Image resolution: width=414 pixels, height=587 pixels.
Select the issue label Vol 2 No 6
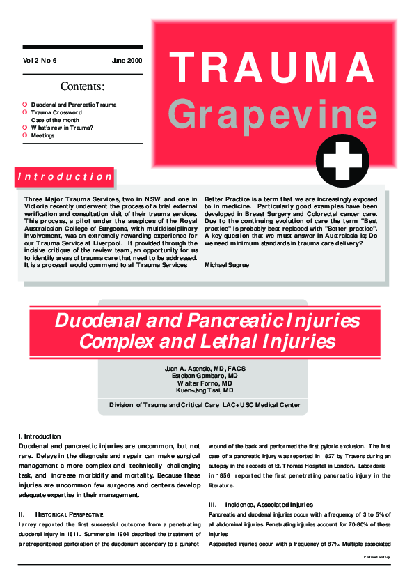[40, 61]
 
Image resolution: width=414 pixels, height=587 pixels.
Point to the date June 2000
[127, 61]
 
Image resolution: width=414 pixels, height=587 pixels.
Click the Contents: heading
[83, 87]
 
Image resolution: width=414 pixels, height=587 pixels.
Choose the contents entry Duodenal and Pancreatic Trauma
[74, 105]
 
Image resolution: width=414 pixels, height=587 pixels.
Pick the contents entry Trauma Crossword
[56, 112]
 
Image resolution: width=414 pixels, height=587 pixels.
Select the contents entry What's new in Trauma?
[62, 128]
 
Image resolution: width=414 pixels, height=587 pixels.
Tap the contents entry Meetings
[42, 135]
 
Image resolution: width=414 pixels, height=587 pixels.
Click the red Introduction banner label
[64, 177]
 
